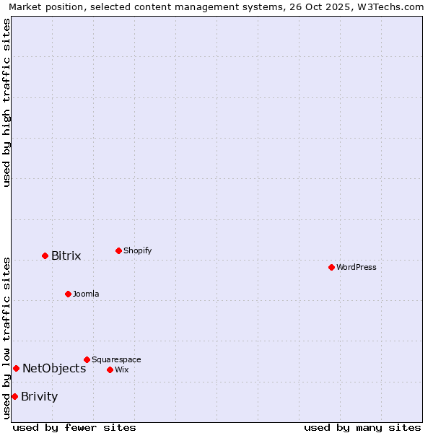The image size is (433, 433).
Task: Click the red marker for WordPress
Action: pos(331,267)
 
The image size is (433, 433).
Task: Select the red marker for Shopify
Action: pos(118,250)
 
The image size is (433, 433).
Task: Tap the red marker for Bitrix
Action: pos(45,255)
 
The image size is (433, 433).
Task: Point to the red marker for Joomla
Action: pos(68,294)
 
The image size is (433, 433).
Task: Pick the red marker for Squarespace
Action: pos(87,359)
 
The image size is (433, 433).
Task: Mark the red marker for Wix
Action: pos(110,369)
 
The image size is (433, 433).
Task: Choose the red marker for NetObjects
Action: pos(16,368)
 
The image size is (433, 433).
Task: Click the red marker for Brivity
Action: pos(14,396)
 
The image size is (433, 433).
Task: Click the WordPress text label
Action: pos(357,268)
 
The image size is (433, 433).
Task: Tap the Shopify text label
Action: pos(138,251)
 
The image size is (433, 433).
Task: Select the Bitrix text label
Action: pos(66,256)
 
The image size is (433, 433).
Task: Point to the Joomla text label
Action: pos(86,294)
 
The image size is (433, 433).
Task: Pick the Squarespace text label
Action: pos(116,360)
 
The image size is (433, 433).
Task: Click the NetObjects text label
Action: pos(54,369)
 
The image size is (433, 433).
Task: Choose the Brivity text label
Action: pos(40,397)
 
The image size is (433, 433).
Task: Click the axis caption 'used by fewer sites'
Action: pos(74,427)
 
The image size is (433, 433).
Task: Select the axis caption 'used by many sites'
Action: pos(362,427)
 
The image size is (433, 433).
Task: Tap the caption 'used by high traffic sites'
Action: pos(6,102)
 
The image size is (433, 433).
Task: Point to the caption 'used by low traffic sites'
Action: pos(6,338)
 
